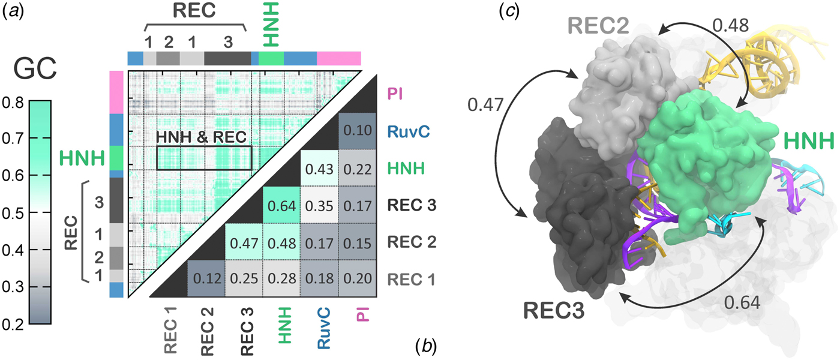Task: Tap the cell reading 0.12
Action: point(206,278)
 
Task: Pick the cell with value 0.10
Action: point(357,131)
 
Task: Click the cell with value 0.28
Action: point(281,278)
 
